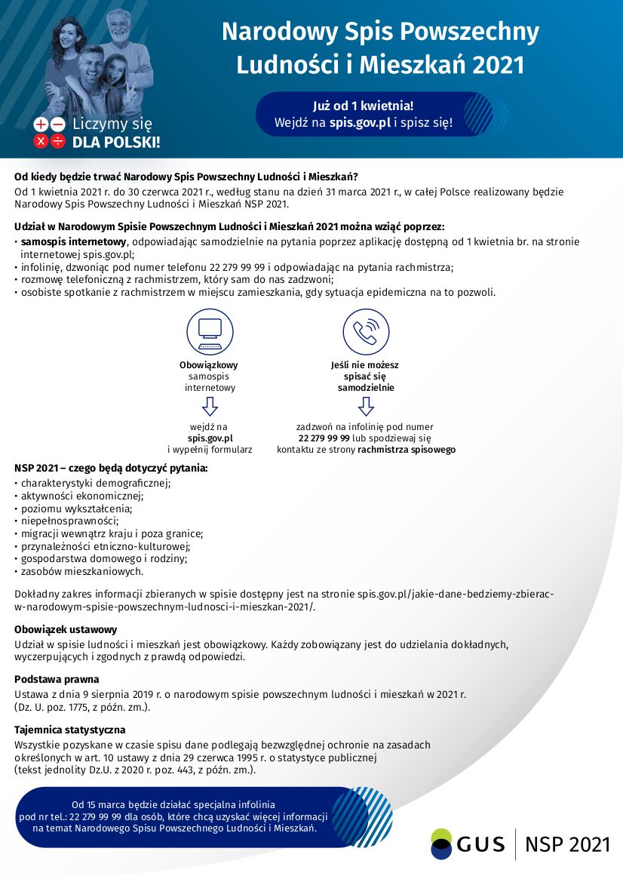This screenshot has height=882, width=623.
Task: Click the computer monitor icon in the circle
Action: coord(210,332)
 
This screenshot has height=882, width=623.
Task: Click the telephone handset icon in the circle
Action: coord(366,332)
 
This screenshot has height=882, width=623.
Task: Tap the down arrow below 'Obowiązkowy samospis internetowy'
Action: coord(210,407)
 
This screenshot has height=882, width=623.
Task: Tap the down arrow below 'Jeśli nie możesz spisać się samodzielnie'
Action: coord(366,407)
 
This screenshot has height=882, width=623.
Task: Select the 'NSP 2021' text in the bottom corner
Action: coord(567,844)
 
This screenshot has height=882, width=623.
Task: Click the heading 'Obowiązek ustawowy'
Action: coord(66,629)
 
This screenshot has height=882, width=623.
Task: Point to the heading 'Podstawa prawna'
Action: coord(57,679)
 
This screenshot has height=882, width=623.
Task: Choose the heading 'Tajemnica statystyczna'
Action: coord(69,730)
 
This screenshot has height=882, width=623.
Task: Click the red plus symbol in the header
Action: coord(41,124)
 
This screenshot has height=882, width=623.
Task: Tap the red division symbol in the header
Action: coord(58,141)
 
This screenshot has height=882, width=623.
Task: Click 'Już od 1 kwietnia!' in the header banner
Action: coord(363,105)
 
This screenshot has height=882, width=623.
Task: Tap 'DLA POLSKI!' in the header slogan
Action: coord(116,142)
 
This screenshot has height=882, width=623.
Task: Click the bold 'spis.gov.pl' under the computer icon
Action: coord(210,438)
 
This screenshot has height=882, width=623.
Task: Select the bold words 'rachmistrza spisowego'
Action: coord(407,450)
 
